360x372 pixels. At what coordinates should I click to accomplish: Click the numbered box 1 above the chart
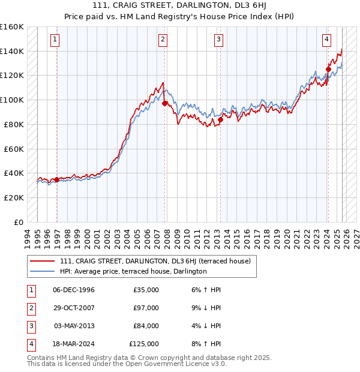(55, 40)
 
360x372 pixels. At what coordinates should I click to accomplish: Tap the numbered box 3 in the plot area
(218, 40)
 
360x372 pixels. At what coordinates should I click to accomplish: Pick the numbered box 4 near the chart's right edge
(326, 40)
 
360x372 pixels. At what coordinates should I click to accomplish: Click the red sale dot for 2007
(165, 103)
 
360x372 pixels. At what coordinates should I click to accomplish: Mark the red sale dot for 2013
(220, 119)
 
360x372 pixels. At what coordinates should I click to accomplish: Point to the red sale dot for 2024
(328, 69)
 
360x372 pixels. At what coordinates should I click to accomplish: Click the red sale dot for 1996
(57, 179)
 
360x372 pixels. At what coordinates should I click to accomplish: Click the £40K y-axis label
(14, 173)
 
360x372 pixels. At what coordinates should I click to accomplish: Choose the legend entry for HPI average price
(133, 271)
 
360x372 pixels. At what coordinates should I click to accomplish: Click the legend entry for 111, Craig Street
(158, 261)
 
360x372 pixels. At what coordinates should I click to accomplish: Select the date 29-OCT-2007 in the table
(74, 308)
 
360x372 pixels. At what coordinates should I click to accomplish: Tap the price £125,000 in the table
(143, 344)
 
